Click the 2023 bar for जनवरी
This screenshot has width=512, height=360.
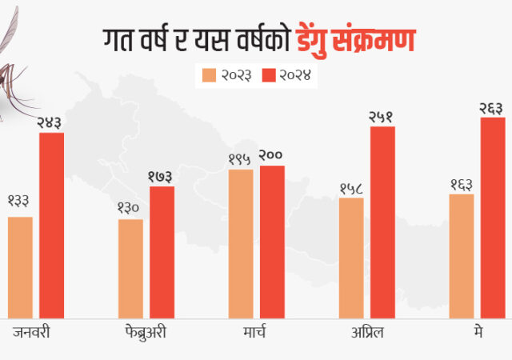(20, 268)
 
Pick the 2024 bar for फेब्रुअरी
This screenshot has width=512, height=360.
(162, 253)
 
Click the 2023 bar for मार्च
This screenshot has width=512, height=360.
(241, 244)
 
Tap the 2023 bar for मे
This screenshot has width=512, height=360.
(462, 257)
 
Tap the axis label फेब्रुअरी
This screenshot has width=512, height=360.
(146, 331)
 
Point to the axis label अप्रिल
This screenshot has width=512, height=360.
(366, 331)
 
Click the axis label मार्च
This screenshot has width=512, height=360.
(256, 331)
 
